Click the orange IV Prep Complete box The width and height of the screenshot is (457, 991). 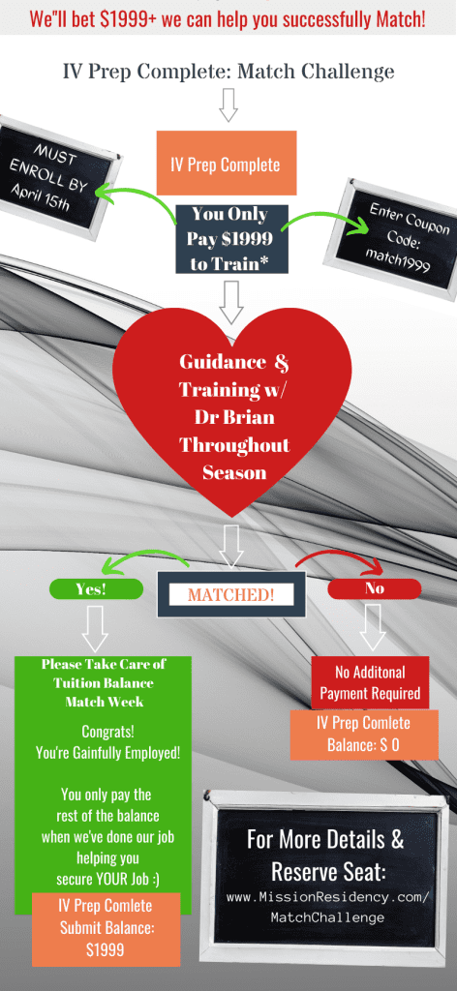tap(227, 163)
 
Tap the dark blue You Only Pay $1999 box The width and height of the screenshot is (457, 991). tap(230, 239)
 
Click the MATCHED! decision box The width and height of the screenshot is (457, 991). tap(230, 594)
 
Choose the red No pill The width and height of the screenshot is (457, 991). tap(374, 588)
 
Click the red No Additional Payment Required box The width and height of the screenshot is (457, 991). tap(370, 682)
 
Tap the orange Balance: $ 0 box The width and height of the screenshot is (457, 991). tap(363, 735)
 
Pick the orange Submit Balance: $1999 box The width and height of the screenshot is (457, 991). tap(107, 928)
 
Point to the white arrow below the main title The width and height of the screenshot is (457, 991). tap(228, 105)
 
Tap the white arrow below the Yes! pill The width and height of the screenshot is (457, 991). tap(95, 627)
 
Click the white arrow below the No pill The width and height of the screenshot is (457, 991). tap(374, 627)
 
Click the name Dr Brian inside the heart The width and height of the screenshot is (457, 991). tap(233, 417)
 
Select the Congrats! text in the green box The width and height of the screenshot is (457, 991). tap(107, 733)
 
